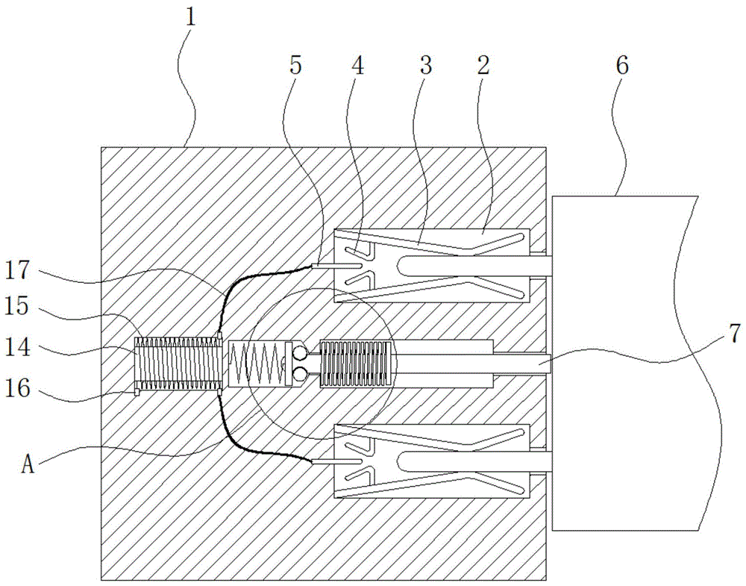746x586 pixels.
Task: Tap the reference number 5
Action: tap(296, 65)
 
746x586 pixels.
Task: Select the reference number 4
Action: tap(358, 65)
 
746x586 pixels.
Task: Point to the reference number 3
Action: tap(425, 65)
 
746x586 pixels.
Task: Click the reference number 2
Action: tap(483, 65)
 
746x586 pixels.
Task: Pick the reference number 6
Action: tap(622, 65)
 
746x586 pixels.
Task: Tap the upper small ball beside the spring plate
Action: tap(300, 353)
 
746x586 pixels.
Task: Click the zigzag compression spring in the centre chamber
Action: tap(257, 364)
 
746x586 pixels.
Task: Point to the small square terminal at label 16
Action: tap(137, 392)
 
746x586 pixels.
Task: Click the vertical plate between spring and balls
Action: tap(288, 364)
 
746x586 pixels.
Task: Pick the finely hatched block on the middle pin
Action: tap(357, 364)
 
